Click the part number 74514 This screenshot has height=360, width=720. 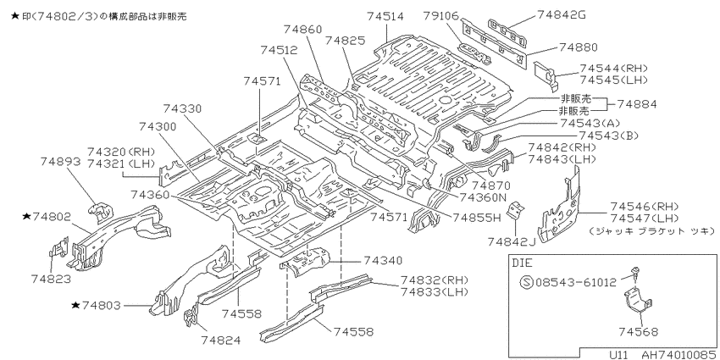385,17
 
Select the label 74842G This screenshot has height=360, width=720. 562,14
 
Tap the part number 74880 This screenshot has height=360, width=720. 578,47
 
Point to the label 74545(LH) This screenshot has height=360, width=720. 613,80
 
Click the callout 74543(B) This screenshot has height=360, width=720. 609,136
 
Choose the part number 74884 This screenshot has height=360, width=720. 637,104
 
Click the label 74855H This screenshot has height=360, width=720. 476,217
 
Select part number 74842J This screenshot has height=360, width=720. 512,241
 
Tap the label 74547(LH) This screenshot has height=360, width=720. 645,218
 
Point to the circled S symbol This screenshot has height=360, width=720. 527,281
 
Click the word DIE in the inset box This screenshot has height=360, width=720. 523,263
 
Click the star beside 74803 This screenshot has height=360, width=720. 76,304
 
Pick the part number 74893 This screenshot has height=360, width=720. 60,161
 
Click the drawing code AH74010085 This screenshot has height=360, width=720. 678,355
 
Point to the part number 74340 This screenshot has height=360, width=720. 383,260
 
